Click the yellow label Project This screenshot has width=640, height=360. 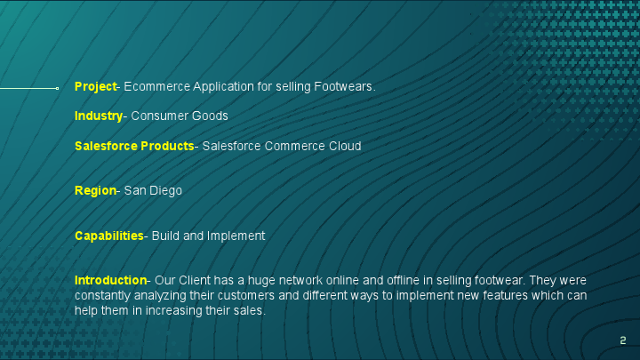95,86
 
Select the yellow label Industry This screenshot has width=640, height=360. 98,116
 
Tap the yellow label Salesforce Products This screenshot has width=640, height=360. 133,146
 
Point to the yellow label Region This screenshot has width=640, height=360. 95,190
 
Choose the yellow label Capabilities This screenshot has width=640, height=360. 108,236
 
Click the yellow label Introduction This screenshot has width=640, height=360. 110,280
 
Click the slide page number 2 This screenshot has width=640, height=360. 623,340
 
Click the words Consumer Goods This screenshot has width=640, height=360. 180,116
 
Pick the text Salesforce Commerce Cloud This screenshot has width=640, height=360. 282,146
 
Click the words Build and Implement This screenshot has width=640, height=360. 209,236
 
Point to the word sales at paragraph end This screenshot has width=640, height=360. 249,310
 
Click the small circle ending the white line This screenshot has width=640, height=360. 57,88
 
